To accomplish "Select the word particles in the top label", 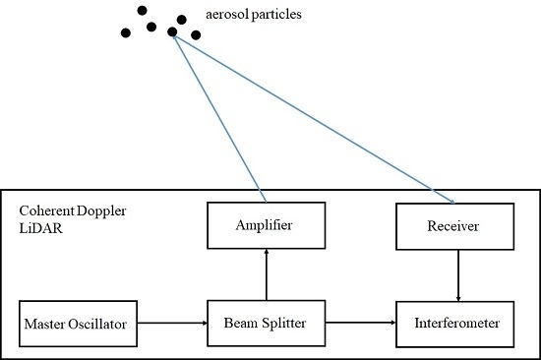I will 296,18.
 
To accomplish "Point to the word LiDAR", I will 37,227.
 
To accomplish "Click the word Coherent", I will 43,212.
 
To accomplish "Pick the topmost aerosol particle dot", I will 143,11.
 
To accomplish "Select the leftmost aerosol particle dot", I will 126,32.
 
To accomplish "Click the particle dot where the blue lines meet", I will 172,32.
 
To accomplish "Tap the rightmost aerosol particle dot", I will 196,35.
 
